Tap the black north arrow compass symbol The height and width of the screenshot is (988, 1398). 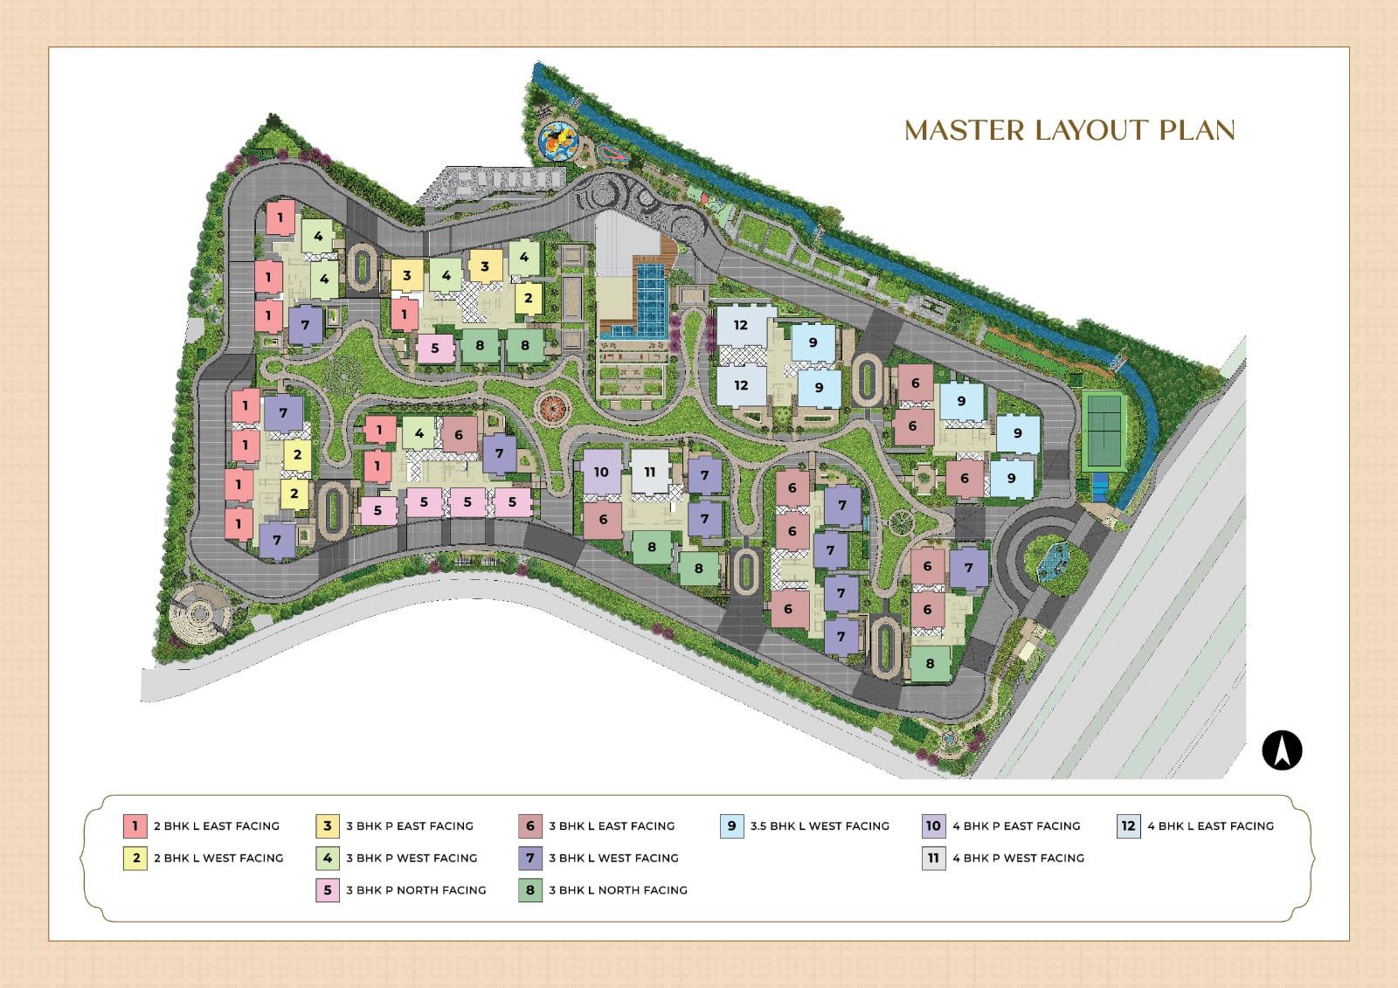[1282, 751]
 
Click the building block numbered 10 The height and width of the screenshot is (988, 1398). [601, 473]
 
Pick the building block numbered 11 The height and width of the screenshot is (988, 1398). [649, 473]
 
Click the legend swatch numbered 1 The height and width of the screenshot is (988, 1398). [135, 826]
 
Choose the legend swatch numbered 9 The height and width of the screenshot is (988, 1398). [731, 826]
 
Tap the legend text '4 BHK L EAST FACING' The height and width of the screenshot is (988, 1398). [1210, 826]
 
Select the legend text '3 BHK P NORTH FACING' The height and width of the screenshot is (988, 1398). [416, 890]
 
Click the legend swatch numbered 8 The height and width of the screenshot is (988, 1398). [530, 890]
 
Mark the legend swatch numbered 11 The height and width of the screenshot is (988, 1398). [933, 858]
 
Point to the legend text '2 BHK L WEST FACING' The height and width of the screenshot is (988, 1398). [218, 858]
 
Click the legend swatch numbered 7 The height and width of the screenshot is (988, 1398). [530, 858]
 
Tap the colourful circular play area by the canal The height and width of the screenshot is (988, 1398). [559, 141]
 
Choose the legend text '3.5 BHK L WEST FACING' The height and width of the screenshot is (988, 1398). [820, 826]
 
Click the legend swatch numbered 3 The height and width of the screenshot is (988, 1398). [327, 826]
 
